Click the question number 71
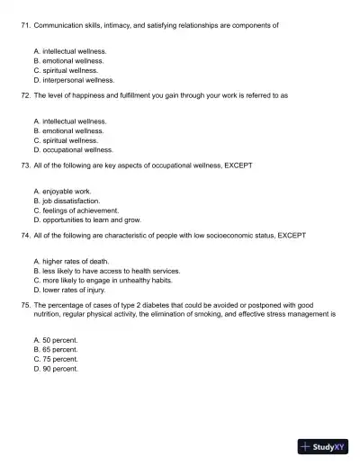26,25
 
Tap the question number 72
26,94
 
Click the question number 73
26,166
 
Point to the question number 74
26,235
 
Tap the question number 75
26,305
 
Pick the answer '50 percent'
59,340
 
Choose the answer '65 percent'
59,349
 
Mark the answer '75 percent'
59,359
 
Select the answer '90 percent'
59,368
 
